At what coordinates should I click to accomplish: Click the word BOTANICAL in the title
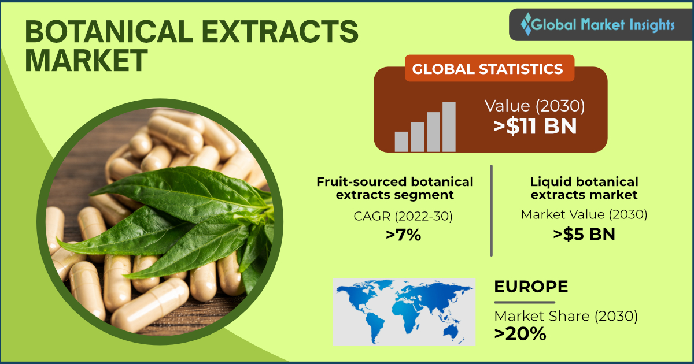tap(109, 32)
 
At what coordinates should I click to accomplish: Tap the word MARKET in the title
tap(86, 60)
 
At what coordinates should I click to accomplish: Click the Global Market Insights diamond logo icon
tap(526, 24)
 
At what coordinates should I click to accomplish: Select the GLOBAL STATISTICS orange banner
tap(489, 68)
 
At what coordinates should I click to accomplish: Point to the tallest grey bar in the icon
tap(449, 127)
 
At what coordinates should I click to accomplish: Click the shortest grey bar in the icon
tap(401, 142)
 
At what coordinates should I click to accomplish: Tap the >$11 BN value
tap(535, 127)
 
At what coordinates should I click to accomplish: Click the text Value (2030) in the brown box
tap(535, 106)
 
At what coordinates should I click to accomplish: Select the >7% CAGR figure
tap(404, 235)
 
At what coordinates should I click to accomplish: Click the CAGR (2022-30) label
tap(403, 216)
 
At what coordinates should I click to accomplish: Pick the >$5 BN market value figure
tap(584, 234)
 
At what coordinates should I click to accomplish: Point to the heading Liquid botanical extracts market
tap(584, 188)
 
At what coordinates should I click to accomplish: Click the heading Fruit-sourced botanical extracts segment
tap(395, 188)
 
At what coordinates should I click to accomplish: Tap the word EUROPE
tap(531, 287)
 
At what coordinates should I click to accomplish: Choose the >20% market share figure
tap(520, 334)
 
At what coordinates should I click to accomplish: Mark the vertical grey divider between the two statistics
tap(492, 210)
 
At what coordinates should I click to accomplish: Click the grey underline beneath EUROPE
tap(525, 302)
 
